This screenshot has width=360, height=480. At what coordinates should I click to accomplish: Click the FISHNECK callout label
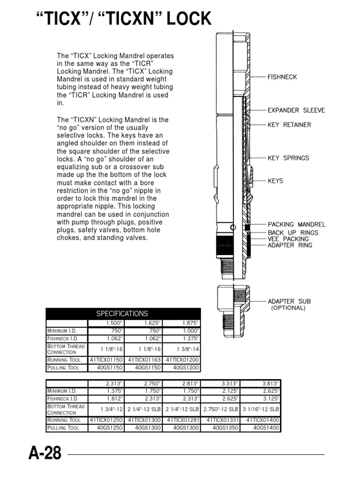click(282, 77)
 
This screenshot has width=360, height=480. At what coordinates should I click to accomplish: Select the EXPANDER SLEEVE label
click(296, 111)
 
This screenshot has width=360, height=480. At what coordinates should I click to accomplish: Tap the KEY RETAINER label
click(289, 125)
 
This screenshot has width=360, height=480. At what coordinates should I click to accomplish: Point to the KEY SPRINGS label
click(288, 158)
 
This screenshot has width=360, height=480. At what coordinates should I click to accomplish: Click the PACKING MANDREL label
click(296, 225)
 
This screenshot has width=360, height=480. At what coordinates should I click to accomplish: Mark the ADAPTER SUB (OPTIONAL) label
click(289, 305)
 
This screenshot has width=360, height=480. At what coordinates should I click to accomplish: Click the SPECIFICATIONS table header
click(122, 314)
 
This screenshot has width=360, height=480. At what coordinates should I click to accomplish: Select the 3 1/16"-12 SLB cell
click(261, 409)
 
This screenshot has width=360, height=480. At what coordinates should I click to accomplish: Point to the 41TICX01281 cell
click(183, 420)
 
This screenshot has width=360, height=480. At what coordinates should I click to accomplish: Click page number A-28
click(45, 454)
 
